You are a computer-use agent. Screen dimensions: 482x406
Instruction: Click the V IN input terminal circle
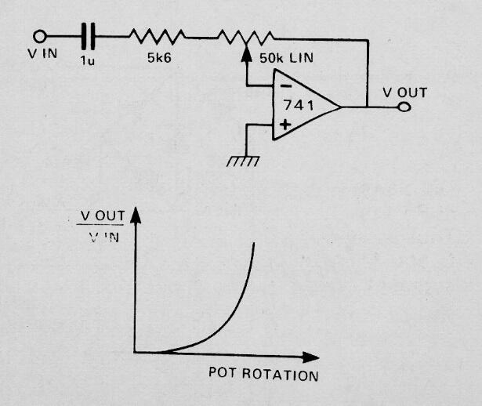[40, 36]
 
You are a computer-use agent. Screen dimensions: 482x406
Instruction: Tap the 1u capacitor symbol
[89, 36]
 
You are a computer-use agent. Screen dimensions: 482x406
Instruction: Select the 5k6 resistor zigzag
[158, 36]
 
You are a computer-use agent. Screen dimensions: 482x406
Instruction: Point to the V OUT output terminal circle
[404, 107]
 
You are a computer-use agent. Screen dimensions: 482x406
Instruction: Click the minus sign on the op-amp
[286, 87]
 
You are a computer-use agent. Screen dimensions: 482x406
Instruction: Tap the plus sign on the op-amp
[285, 125]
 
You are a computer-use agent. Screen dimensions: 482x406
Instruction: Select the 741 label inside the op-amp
[299, 105]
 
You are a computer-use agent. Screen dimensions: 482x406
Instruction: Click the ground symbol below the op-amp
[243, 161]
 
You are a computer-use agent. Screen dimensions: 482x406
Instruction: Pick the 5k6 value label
[159, 57]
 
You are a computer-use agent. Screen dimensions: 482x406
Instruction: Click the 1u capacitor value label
[88, 60]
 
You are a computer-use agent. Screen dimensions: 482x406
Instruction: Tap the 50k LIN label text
[287, 58]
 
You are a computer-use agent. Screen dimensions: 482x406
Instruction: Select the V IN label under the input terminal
[42, 53]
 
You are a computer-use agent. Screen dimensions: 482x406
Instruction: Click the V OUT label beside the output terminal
[405, 92]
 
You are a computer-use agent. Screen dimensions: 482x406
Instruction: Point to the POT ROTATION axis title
[263, 374]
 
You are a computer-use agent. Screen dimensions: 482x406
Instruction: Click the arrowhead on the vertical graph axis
[136, 215]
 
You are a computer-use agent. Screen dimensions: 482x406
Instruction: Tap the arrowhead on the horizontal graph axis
[310, 357]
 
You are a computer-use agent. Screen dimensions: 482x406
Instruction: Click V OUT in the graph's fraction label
[103, 216]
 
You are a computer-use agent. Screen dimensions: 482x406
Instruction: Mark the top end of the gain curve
[254, 243]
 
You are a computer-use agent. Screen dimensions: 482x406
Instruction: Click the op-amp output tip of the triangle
[341, 107]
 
